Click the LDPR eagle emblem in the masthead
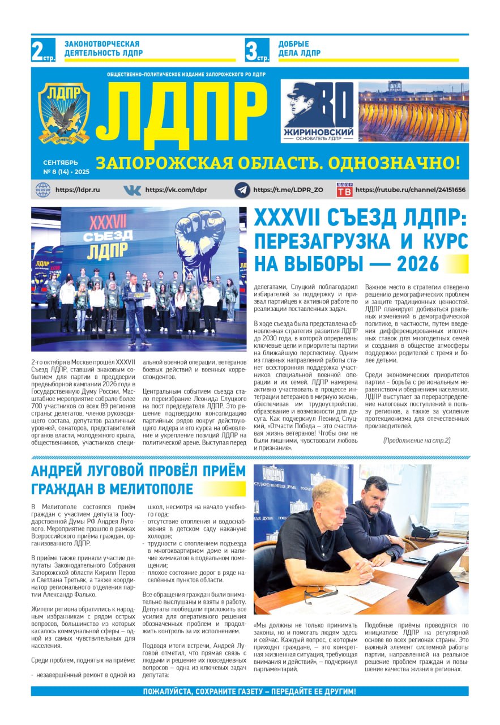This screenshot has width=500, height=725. point(63,113)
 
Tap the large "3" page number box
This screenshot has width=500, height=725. point(257,50)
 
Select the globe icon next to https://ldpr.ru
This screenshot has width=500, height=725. point(43,190)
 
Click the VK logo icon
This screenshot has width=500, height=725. point(132,190)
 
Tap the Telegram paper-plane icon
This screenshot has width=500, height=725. point(242,190)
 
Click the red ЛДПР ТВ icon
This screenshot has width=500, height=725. point(344,190)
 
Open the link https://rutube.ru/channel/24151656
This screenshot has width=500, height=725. point(411,190)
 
